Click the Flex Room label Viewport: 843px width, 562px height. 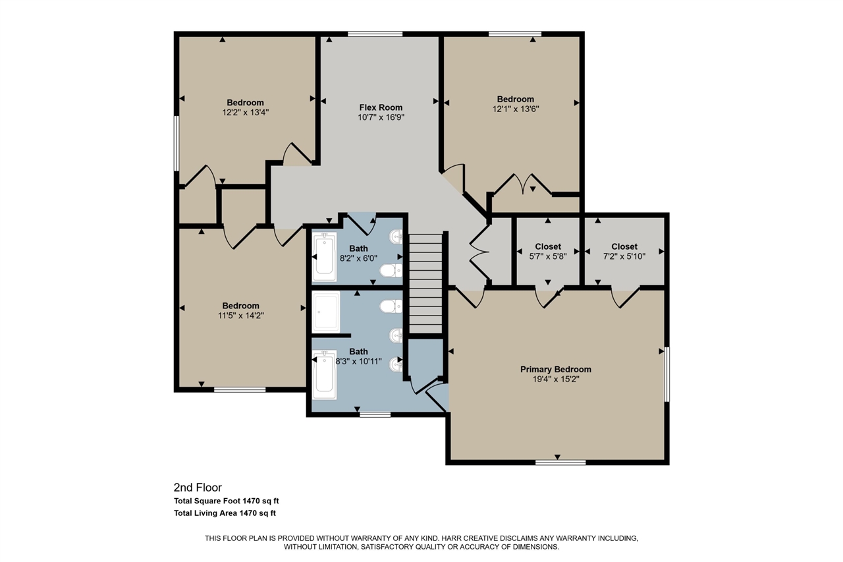click(381, 107)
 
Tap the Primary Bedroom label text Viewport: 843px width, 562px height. click(555, 370)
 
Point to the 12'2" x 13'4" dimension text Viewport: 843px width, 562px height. click(245, 112)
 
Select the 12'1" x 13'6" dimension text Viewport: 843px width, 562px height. click(515, 109)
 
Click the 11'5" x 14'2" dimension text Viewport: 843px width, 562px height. click(240, 316)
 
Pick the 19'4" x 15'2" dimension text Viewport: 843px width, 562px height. click(555, 379)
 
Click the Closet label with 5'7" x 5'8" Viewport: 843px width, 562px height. click(547, 247)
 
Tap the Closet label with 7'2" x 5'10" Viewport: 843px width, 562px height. click(624, 247)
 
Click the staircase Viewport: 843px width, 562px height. click(425, 284)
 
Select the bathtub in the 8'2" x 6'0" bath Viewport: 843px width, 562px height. click(324, 256)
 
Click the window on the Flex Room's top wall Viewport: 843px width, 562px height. click(375, 34)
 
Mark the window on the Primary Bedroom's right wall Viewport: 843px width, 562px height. click(666, 374)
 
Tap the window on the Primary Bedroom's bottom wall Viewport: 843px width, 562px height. click(560, 463)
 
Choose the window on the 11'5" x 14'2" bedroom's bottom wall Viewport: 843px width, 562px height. click(240, 389)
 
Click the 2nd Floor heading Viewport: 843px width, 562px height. click(198, 488)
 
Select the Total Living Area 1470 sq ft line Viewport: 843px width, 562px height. click(225, 513)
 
